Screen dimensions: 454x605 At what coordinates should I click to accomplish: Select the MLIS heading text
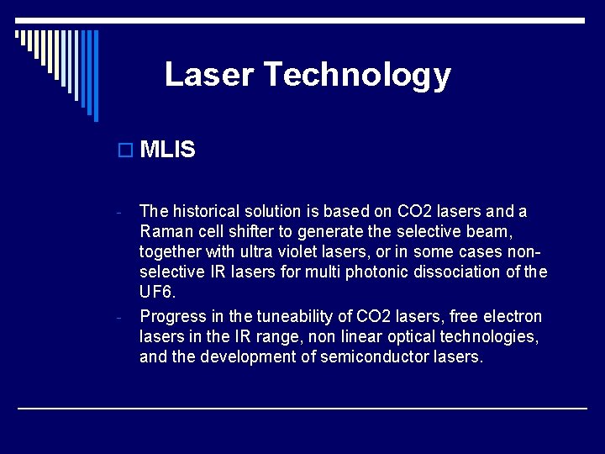168,150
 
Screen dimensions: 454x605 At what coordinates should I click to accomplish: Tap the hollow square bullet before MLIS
126,150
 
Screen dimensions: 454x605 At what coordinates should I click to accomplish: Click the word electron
513,316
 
